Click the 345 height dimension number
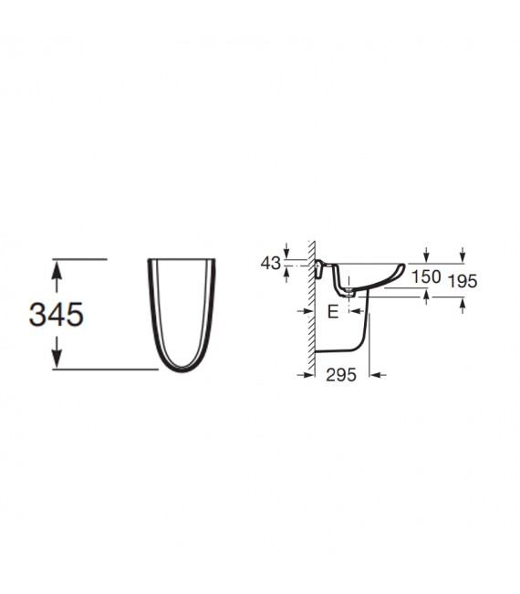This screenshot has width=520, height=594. (x=56, y=315)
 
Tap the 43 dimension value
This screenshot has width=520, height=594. (x=271, y=264)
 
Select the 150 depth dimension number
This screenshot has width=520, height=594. (x=426, y=276)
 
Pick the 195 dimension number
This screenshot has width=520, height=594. (x=463, y=281)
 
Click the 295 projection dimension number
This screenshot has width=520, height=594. (x=341, y=375)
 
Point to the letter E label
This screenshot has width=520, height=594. (x=332, y=312)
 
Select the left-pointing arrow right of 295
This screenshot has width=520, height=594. (x=378, y=375)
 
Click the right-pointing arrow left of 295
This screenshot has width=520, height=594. (x=306, y=375)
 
